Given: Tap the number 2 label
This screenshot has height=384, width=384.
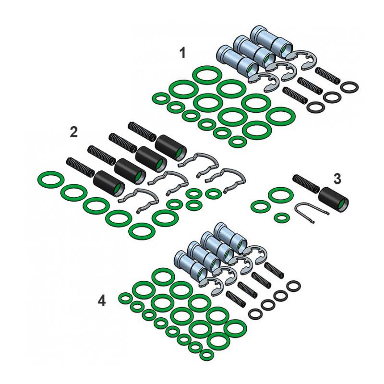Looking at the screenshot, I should tap(73, 132).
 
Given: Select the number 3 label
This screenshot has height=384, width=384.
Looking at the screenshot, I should tap(337, 179).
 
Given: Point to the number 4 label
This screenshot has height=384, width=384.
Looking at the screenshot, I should tap(101, 301).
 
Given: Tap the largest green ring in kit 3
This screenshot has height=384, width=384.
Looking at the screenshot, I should tap(277, 195).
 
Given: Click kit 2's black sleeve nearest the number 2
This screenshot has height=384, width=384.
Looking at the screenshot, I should tap(107, 182).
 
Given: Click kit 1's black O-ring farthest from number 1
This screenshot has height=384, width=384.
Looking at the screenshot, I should tap(350, 87).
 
